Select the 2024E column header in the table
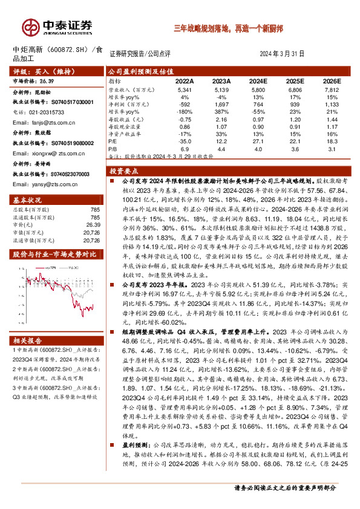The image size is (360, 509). (x=258, y=80)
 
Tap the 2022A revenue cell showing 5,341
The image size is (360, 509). (x=184, y=89)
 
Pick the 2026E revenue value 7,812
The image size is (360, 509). (x=330, y=89)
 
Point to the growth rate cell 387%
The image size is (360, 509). (x=223, y=111)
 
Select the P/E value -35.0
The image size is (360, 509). (x=184, y=140)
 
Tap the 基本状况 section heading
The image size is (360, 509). (x=27, y=199)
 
